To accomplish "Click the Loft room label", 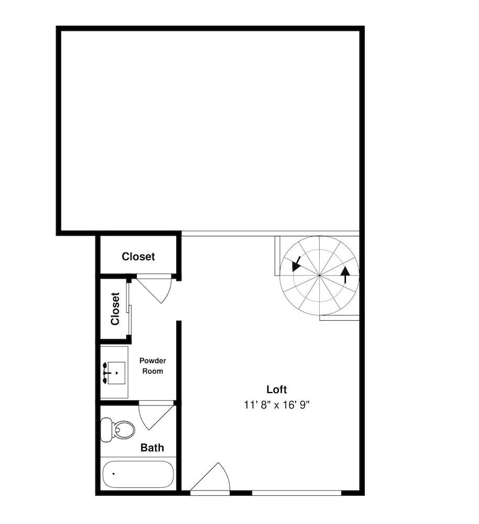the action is click(276, 389).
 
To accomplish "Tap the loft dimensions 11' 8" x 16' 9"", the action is click(277, 405).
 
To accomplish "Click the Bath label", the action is click(152, 447).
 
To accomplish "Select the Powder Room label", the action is click(153, 366).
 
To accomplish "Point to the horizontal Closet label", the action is click(138, 256).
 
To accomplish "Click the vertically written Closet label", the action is click(115, 309).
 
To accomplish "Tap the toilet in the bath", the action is click(118, 430).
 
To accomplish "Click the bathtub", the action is click(138, 474).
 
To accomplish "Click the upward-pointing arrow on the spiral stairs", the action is click(345, 275).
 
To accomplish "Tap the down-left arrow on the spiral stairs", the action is click(296, 264).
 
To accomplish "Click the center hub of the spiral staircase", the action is click(320, 275).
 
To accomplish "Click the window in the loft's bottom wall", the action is click(297, 493).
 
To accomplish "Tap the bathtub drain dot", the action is click(114, 474).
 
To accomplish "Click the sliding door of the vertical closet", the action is click(129, 309).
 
